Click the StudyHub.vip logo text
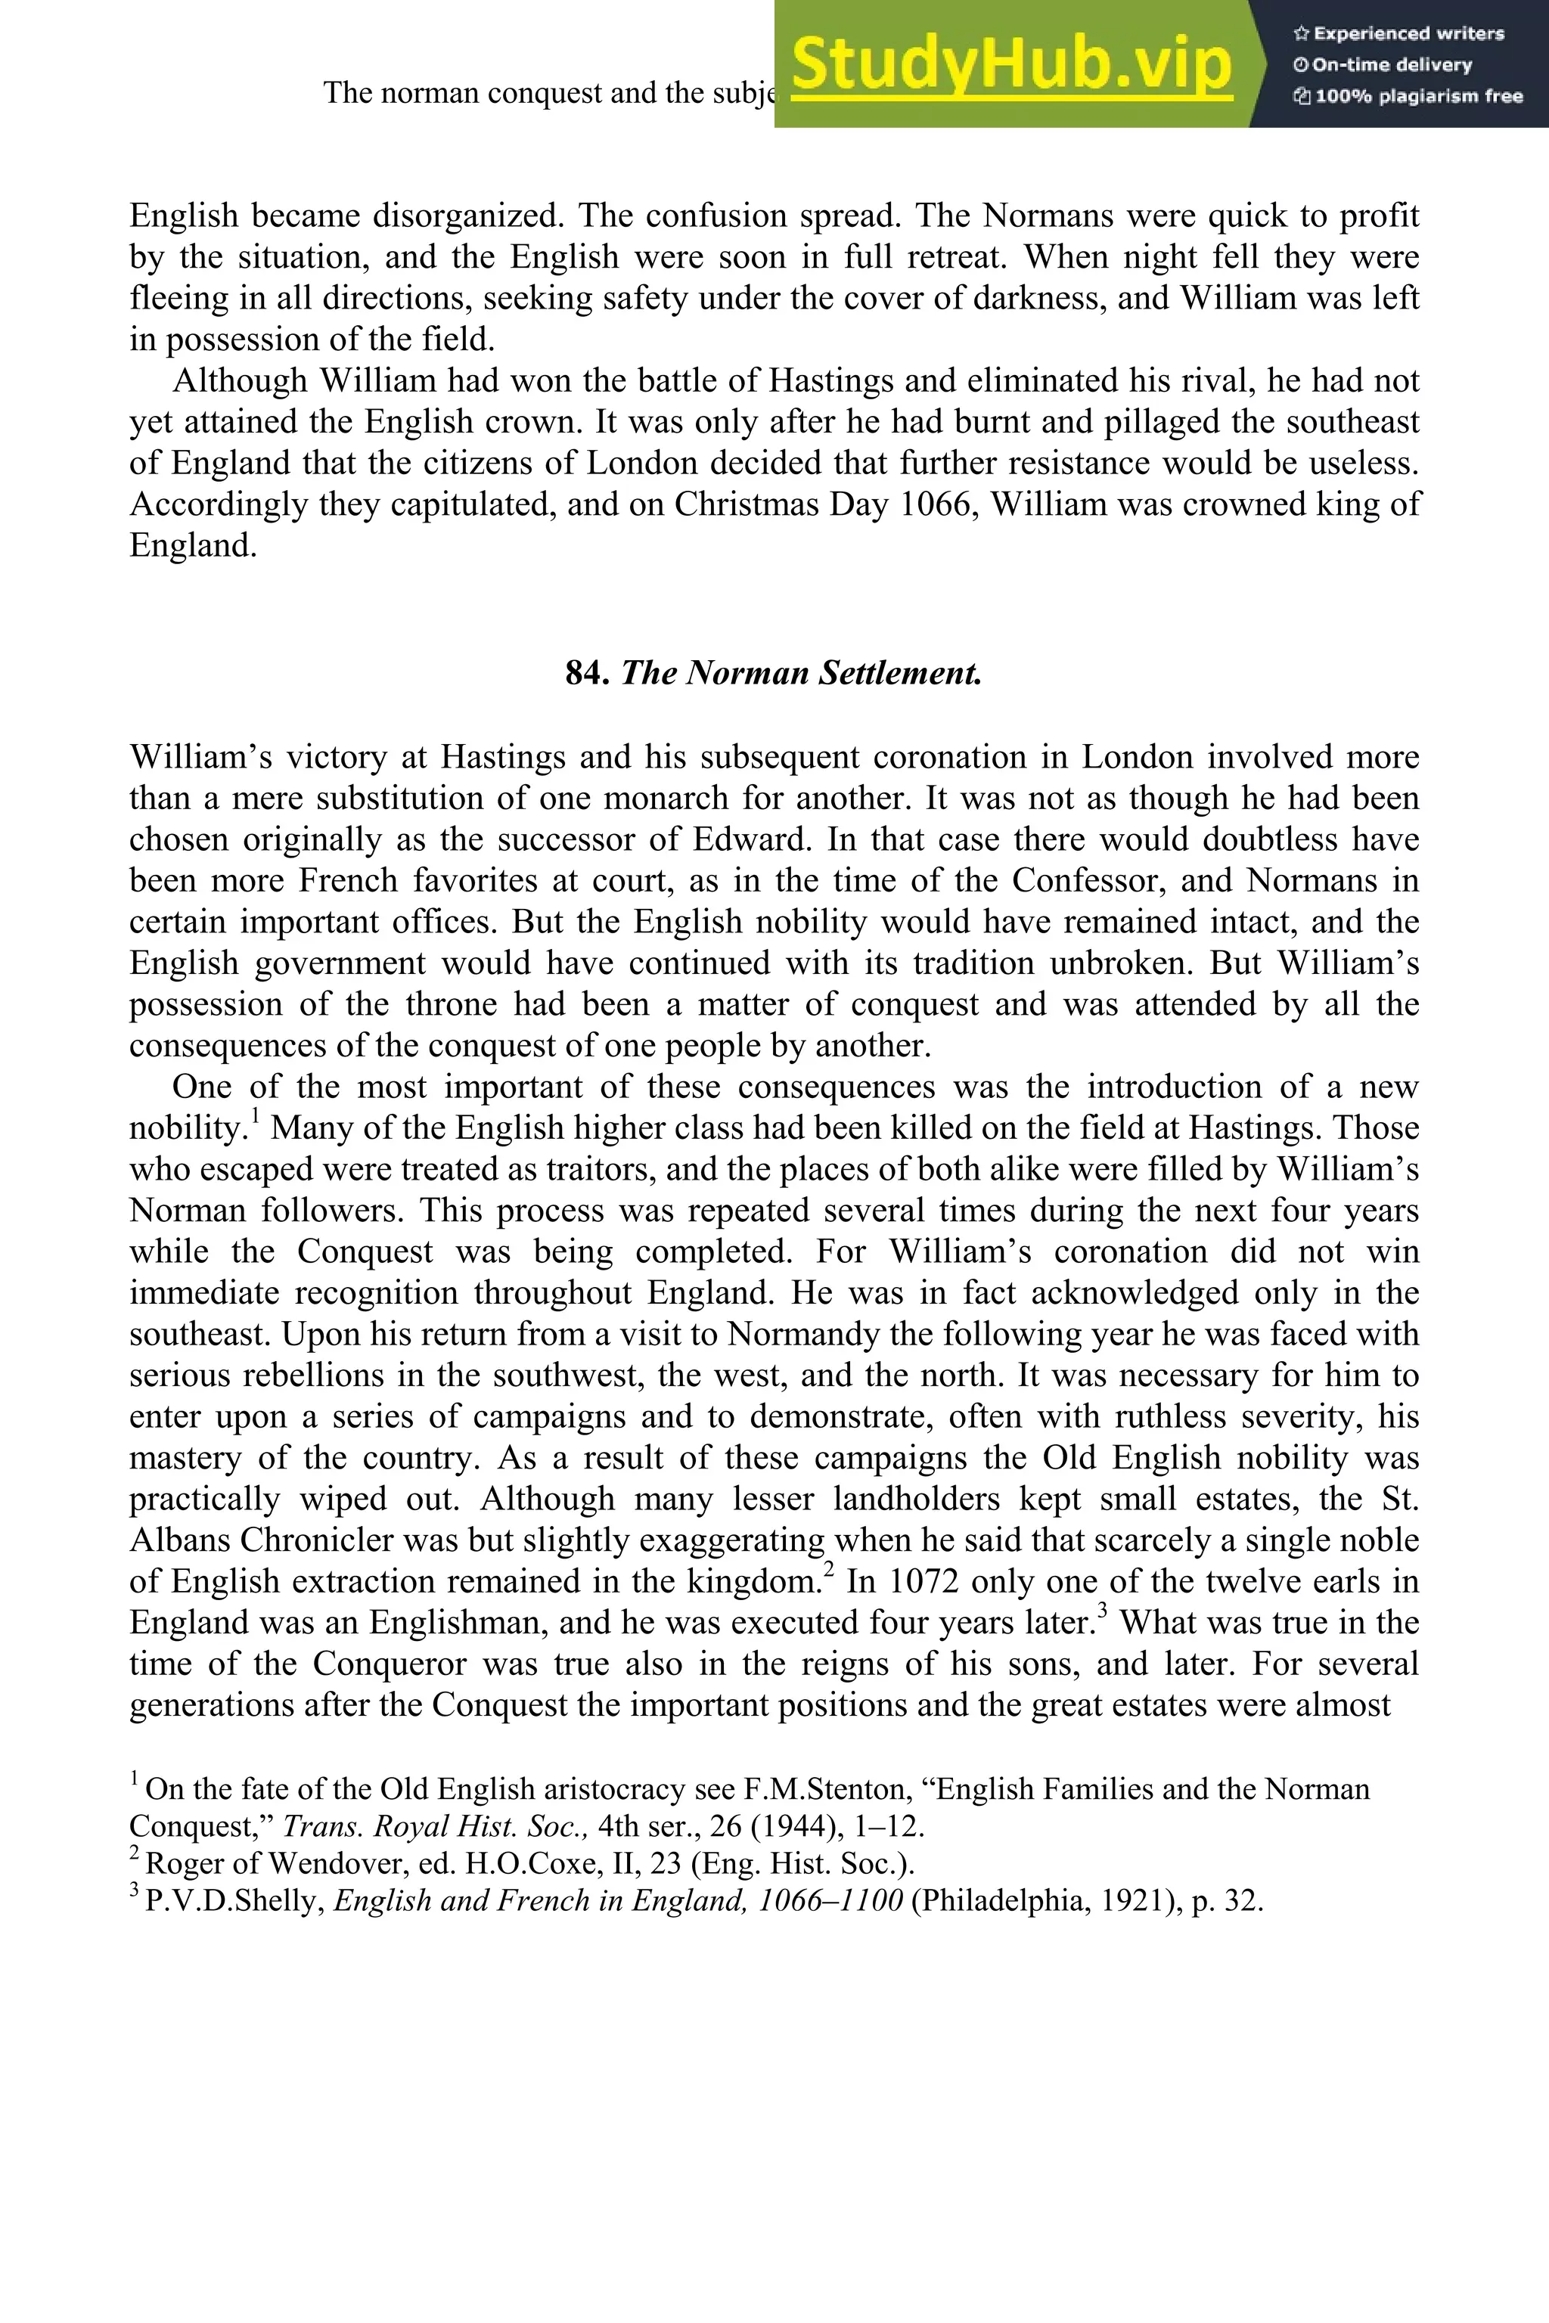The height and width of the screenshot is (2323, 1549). tap(1010, 65)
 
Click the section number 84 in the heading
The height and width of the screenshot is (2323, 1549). tap(586, 674)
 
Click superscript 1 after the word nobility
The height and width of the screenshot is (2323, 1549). tap(254, 1117)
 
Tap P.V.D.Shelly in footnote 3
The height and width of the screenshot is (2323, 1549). tap(235, 1901)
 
